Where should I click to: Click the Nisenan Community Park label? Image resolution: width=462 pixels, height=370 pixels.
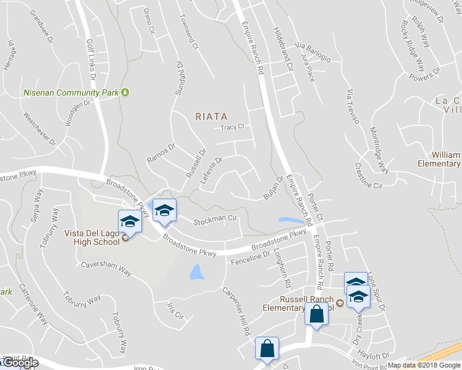(x=71, y=93)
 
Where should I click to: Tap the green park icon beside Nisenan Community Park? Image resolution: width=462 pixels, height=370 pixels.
(x=125, y=92)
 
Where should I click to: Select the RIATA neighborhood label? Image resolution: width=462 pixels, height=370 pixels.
(x=211, y=116)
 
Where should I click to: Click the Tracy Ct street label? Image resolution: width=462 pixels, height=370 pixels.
(x=233, y=128)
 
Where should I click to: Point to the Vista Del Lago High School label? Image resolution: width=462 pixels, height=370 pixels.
(x=92, y=237)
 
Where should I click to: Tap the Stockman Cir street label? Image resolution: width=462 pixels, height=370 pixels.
(x=216, y=220)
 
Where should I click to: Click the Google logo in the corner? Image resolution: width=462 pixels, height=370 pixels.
(x=20, y=363)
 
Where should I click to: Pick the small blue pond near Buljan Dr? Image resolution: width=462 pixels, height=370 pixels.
(x=292, y=220)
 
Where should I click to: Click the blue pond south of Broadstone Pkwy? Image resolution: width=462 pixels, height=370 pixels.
(x=196, y=272)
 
